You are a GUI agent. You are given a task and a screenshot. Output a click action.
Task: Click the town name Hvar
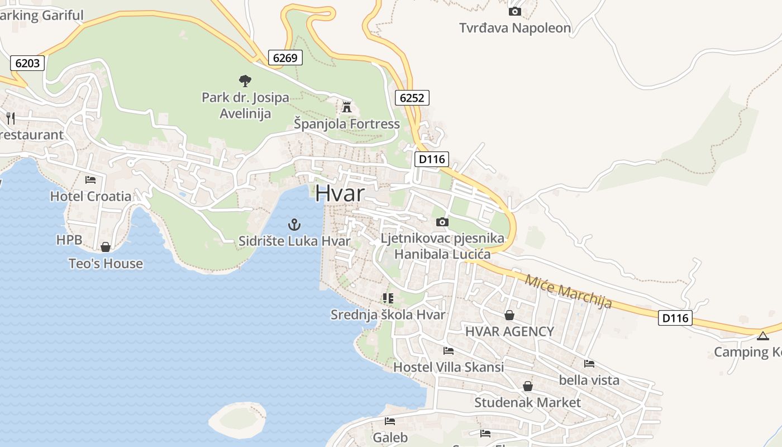[340, 193]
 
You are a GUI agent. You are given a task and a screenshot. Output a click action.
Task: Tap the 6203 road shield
[27, 63]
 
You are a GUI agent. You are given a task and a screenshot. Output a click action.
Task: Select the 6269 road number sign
[285, 58]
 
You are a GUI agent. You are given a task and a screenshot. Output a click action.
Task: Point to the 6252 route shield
[412, 98]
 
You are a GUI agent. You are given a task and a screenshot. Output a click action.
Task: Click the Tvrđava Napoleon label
[515, 28]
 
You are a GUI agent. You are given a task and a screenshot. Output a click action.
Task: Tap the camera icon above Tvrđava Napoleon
[514, 11]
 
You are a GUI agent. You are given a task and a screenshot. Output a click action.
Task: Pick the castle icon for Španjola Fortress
[347, 107]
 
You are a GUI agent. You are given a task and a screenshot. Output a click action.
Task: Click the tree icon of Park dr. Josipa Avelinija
[245, 81]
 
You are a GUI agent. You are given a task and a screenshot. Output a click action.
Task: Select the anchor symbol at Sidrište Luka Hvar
[294, 225]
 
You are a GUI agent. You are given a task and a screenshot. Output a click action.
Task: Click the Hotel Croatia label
[91, 196]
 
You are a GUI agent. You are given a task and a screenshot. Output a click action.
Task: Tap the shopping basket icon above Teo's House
[105, 247]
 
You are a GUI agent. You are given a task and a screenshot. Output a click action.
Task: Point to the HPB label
[69, 240]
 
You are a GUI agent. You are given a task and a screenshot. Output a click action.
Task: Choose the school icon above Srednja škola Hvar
[388, 298]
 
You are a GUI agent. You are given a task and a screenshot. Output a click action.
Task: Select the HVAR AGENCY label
[509, 331]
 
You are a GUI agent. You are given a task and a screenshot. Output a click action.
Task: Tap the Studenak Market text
[527, 402]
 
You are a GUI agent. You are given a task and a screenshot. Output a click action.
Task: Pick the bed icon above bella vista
[589, 364]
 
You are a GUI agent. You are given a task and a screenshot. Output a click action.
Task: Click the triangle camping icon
[762, 336]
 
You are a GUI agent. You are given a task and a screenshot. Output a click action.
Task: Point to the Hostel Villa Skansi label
[449, 367]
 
